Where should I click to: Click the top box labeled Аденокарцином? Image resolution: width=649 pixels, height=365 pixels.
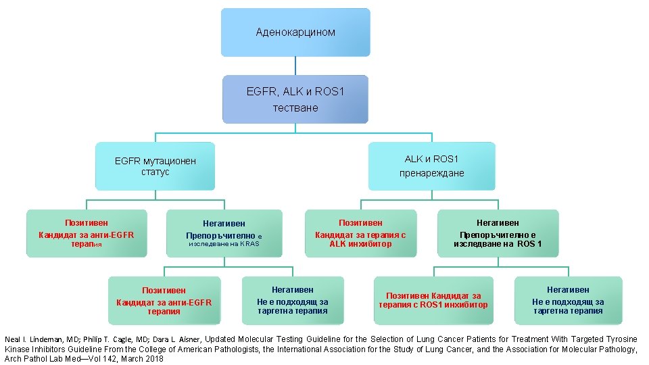click(295, 32)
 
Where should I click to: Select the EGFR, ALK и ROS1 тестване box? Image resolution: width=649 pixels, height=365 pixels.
click(295, 99)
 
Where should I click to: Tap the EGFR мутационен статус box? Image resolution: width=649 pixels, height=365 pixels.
click(155, 166)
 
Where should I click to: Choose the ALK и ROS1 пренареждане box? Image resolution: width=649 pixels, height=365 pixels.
click(431, 166)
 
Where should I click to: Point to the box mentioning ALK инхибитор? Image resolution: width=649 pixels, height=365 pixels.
click(360, 233)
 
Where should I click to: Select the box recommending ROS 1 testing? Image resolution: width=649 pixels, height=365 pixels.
click(498, 233)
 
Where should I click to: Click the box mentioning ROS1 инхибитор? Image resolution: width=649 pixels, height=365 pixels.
click(433, 300)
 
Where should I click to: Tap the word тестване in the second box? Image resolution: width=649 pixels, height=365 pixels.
click(295, 108)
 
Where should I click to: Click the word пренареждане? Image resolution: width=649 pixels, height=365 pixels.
click(431, 173)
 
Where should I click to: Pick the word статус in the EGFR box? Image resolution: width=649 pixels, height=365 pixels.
click(155, 172)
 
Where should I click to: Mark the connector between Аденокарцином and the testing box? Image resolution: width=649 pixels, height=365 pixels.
click(295, 66)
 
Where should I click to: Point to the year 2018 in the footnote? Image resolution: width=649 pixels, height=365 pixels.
click(154, 359)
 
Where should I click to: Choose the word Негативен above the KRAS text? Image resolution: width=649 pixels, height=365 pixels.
click(224, 223)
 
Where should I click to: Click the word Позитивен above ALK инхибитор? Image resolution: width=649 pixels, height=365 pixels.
click(360, 222)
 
